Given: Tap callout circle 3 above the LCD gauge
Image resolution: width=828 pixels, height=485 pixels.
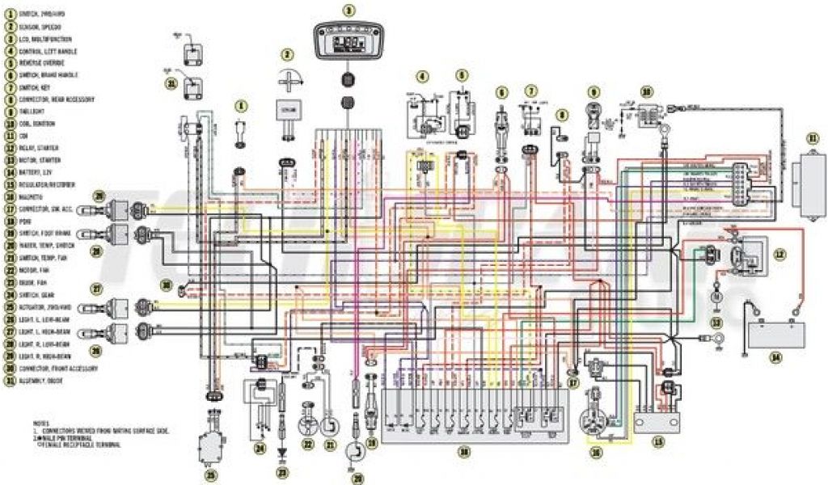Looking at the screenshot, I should click(349, 11).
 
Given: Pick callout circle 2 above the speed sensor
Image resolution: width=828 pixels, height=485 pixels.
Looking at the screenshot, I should click(286, 55).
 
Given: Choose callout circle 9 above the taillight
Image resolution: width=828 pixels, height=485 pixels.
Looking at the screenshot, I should click(594, 92).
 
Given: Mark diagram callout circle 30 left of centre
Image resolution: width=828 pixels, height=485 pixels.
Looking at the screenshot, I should click(167, 285).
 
